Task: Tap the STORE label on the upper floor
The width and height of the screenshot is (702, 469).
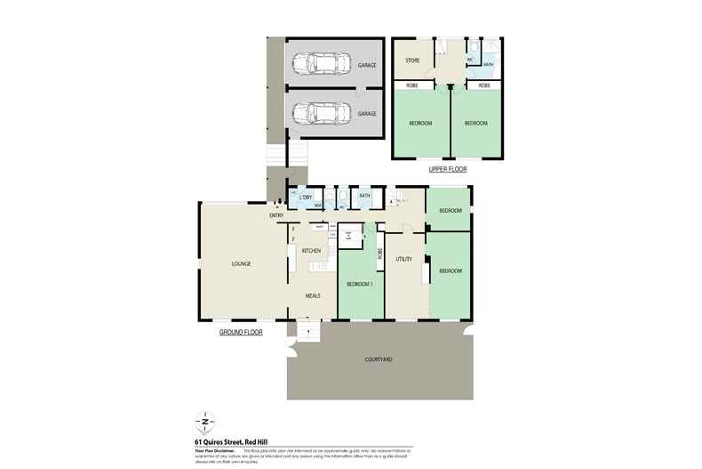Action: [x=412, y=61]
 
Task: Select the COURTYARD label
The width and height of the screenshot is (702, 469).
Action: [x=379, y=359]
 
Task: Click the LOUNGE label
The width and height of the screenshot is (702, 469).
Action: [x=241, y=263]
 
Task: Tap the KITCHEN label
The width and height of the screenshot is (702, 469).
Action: [x=310, y=251]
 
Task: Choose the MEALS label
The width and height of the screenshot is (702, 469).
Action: [x=313, y=295]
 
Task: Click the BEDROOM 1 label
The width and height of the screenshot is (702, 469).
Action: [x=359, y=282]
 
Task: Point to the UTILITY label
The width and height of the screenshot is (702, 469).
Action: [x=404, y=259]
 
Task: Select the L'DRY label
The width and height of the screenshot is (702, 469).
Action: [x=305, y=196]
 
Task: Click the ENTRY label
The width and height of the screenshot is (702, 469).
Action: [x=275, y=215]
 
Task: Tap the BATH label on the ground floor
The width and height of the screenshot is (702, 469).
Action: [x=364, y=195]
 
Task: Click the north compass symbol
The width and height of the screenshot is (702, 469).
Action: [x=206, y=420]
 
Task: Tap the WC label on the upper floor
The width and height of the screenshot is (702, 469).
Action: [x=470, y=60]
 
